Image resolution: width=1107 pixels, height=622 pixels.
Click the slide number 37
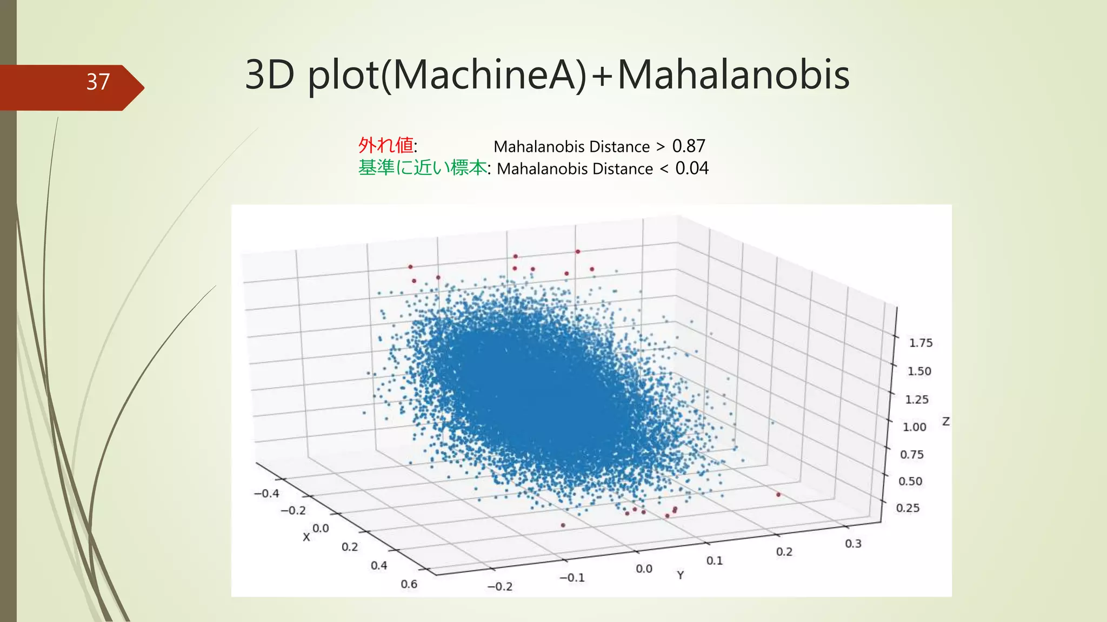tap(98, 82)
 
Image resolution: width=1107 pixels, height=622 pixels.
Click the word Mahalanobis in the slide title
tap(733, 75)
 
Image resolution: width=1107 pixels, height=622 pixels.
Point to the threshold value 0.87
tap(689, 146)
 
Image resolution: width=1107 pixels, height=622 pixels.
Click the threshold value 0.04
tap(692, 168)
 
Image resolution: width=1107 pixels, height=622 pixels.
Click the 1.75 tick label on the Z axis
tap(921, 343)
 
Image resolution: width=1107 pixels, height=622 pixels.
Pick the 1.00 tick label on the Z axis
tap(915, 427)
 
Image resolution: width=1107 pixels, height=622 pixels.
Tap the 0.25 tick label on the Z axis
tap(908, 508)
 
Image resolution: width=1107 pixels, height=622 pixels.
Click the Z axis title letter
tap(946, 421)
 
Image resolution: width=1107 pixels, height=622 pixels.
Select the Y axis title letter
tap(681, 576)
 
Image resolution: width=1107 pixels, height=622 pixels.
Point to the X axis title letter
tap(306, 537)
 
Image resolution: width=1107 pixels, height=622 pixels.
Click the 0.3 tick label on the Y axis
tap(853, 544)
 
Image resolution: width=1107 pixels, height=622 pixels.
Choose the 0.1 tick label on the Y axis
tap(714, 561)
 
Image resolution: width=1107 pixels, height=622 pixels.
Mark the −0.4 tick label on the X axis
tap(266, 493)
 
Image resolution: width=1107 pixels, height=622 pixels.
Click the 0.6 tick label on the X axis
tap(409, 584)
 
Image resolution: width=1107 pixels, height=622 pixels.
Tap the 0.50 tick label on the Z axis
tap(910, 481)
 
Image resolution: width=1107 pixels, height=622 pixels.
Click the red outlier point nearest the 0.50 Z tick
tap(778, 495)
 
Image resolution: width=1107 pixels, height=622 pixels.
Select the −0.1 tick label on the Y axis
tap(572, 578)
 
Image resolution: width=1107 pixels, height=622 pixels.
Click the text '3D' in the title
tap(269, 75)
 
